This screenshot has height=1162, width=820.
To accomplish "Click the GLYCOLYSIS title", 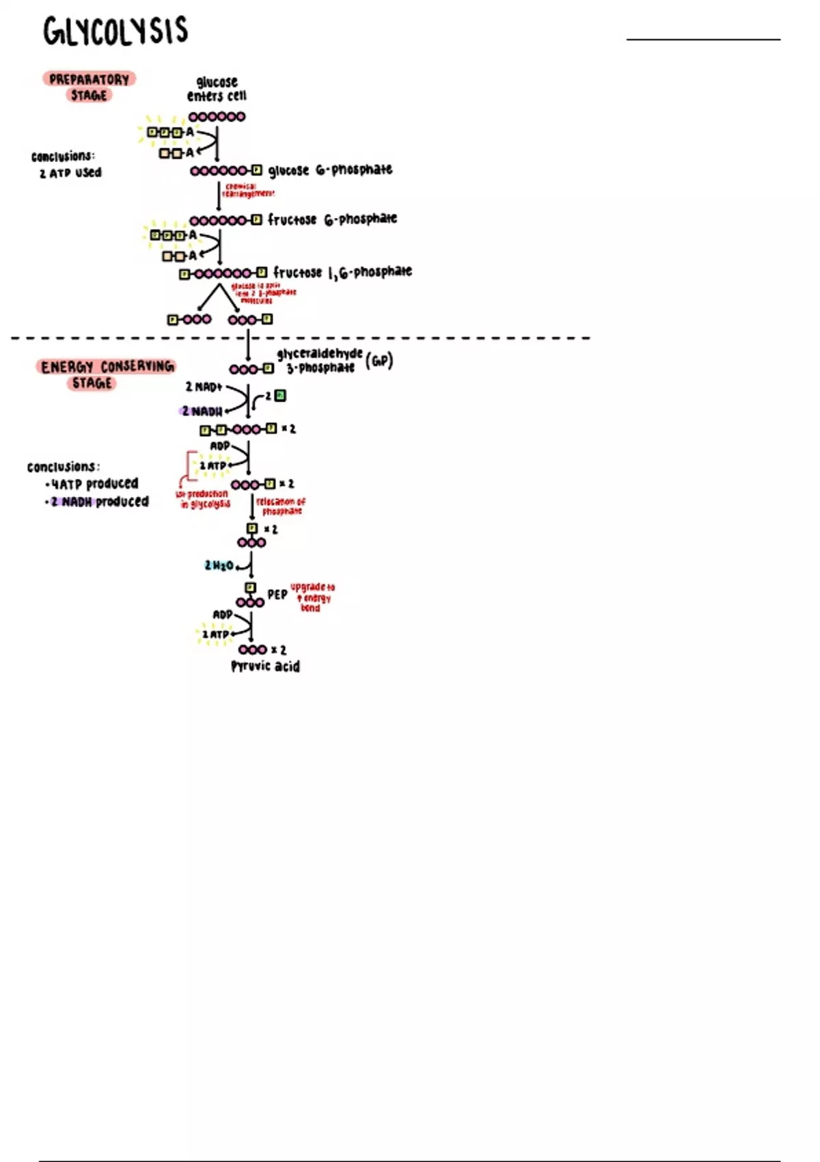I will (x=115, y=31).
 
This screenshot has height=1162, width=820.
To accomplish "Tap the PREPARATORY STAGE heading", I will (x=90, y=87).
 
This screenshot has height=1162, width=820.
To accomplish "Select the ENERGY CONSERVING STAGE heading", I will (x=107, y=374).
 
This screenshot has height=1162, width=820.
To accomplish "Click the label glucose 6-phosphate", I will (x=330, y=170).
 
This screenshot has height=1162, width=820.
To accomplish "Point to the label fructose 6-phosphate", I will (x=332, y=219).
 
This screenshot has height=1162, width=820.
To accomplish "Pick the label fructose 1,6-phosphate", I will (x=342, y=272).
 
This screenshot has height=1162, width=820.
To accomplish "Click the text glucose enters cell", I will (x=217, y=89).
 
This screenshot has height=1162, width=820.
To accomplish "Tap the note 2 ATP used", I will (x=70, y=173).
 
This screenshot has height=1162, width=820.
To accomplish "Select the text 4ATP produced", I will (x=94, y=484).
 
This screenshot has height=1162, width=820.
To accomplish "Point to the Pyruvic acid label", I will (x=265, y=666).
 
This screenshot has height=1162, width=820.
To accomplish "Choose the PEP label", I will (x=277, y=595).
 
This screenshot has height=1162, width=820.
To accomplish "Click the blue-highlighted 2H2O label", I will (x=219, y=565).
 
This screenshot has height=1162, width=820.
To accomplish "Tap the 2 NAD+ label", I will (x=204, y=387).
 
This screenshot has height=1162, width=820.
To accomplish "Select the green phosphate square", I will (x=280, y=396).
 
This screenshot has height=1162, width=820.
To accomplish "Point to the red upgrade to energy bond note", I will (x=312, y=597).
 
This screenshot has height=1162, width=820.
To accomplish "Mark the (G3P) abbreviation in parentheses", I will (x=379, y=360).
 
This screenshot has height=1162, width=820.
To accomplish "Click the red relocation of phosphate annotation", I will (x=281, y=506).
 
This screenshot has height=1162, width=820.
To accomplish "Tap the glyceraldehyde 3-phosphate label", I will (x=319, y=360).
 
